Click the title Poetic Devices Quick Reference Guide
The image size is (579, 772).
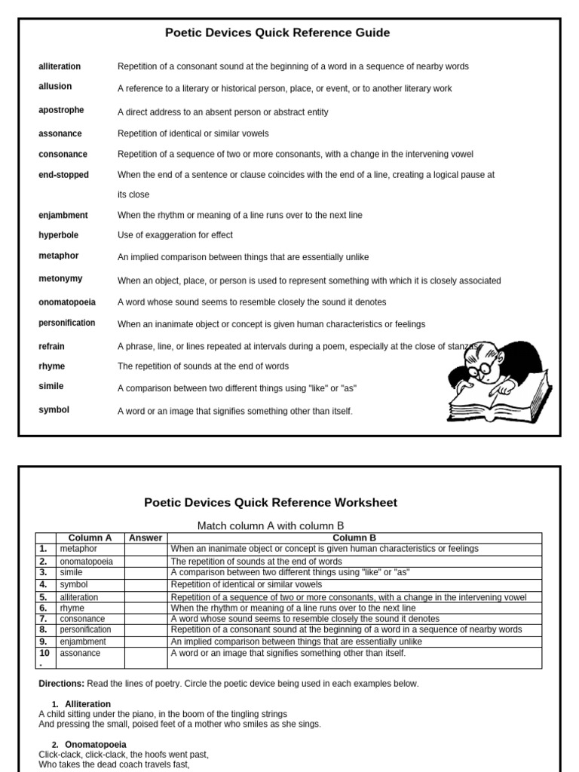(277, 32)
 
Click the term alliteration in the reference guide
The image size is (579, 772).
(60, 66)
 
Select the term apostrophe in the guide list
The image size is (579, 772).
(61, 110)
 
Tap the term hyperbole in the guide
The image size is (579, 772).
(58, 235)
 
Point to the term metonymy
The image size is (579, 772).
(60, 279)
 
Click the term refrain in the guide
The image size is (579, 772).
(51, 347)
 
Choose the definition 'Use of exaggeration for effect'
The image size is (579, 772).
(175, 235)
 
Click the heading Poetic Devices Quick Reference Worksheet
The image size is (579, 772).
(271, 502)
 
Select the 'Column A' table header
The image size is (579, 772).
(90, 538)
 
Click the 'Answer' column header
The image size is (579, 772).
(146, 538)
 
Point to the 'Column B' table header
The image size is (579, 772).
(354, 538)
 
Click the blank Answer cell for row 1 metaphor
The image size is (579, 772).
(146, 549)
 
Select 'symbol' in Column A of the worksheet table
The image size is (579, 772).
(74, 584)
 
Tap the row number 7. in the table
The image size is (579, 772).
(44, 619)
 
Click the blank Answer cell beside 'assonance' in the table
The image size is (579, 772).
(146, 657)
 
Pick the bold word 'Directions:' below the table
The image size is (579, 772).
(63, 684)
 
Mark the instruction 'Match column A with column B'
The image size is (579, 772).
(271, 525)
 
